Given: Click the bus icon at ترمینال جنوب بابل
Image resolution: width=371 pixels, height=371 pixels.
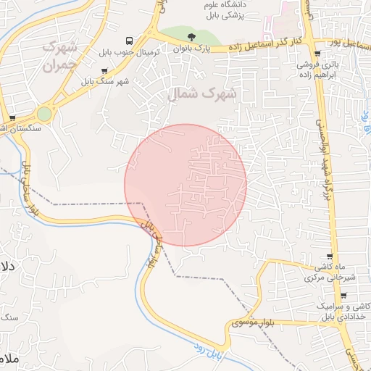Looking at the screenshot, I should [129, 41].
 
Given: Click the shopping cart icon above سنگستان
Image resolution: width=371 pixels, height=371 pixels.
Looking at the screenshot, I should [12, 117].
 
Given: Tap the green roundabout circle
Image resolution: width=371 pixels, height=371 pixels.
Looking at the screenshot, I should [45, 114].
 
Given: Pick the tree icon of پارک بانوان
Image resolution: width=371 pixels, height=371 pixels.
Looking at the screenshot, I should [191, 37].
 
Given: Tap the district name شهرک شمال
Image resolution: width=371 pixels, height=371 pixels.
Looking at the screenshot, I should [197, 93].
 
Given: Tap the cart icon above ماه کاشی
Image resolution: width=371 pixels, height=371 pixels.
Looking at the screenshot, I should [330, 257].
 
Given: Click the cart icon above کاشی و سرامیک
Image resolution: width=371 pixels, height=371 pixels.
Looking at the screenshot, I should [343, 296].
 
